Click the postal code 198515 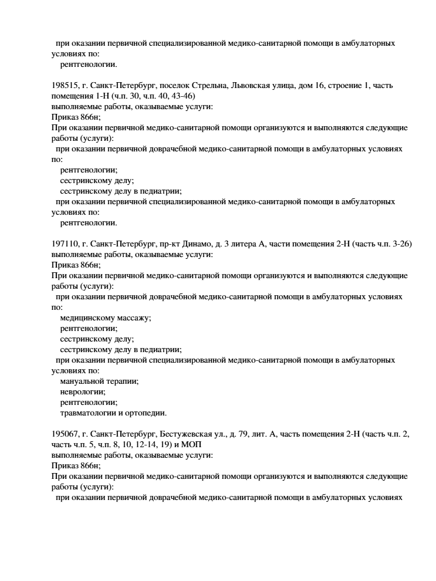tap(63, 86)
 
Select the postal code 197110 tap(63, 244)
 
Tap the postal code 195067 tap(63, 434)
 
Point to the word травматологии tap(87, 413)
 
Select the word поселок tap(154, 86)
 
